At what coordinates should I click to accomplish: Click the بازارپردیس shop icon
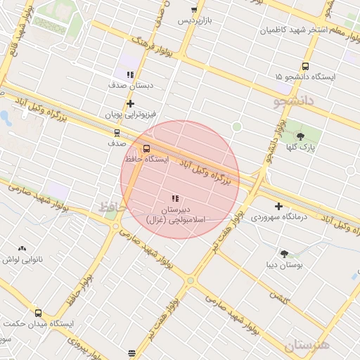(x=194, y=11)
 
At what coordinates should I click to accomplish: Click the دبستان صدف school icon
(x=130, y=75)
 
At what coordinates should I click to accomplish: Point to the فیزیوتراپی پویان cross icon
(x=130, y=103)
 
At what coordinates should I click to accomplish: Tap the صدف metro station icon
(x=116, y=132)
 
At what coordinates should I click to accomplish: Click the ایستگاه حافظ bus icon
(x=146, y=149)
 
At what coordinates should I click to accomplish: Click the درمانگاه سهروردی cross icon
(x=279, y=207)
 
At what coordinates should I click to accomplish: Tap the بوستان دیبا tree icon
(x=284, y=255)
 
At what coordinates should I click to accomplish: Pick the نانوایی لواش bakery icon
(x=22, y=248)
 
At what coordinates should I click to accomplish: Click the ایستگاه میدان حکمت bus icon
(x=38, y=313)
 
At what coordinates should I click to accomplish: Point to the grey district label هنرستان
(x=307, y=345)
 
